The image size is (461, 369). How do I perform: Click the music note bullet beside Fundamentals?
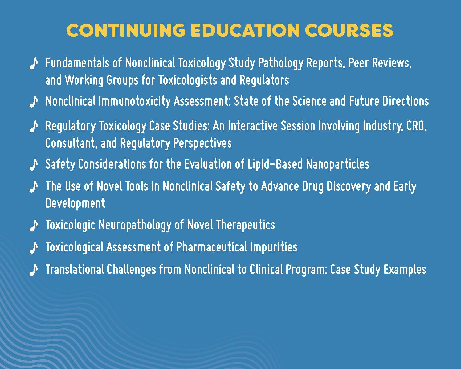coord(33,64)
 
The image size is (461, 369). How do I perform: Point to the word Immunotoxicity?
coord(134,101)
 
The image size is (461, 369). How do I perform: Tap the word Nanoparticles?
coord(337,164)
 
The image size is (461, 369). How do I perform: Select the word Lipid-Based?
coord(275,164)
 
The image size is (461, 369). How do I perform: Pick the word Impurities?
coord(273,247)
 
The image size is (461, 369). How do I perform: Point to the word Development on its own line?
coord(75,203)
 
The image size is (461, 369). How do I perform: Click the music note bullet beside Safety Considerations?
coord(33,164)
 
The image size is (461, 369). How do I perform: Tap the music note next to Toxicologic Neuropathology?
coord(33,225)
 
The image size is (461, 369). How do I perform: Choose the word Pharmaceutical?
coord(211,247)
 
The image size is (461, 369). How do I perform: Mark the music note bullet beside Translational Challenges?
coord(33,270)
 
